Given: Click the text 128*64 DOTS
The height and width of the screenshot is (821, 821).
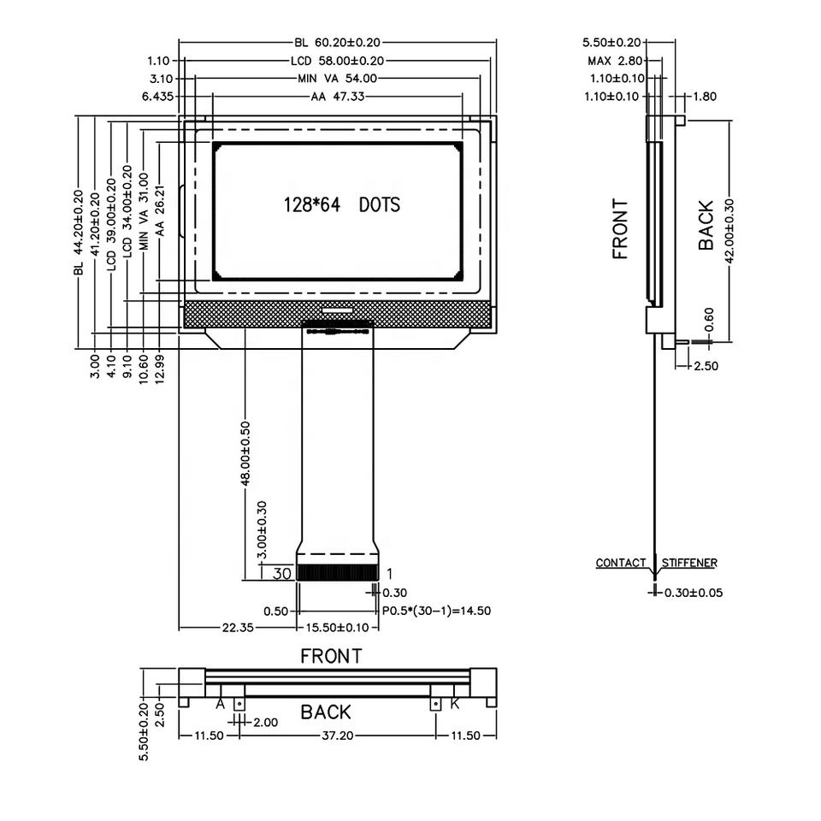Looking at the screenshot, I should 341,205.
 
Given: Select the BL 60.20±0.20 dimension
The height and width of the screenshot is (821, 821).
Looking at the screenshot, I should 337,42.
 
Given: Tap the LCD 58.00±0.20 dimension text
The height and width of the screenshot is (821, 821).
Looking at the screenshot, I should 337,61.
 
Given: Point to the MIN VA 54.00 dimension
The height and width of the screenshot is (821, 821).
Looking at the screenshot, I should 337,79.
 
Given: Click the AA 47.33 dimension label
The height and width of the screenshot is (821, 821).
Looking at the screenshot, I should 338,97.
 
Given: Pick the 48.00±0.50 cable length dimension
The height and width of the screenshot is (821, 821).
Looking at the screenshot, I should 245,453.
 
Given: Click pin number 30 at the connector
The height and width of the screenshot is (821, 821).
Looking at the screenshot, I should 282,574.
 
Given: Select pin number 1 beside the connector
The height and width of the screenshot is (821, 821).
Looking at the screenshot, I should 390,574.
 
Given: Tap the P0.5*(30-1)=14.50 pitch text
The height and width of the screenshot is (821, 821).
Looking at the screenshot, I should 436,611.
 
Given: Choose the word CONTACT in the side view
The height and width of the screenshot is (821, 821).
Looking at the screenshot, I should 621,563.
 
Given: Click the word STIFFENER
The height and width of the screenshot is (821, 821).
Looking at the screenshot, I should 689,563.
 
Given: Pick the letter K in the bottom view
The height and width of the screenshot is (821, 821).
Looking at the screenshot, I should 454,704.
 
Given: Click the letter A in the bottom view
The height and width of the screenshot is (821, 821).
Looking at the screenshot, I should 220,704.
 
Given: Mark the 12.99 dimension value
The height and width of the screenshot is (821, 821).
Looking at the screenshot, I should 160,365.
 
